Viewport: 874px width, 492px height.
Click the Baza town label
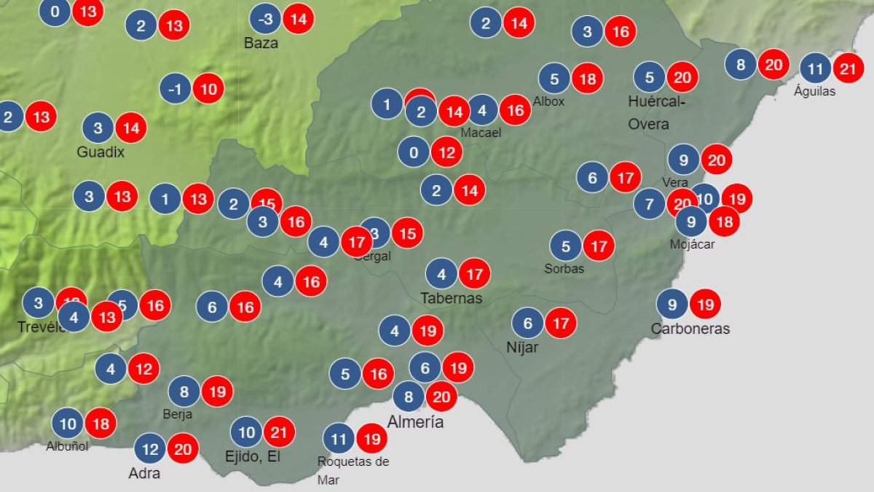[x=261, y=43]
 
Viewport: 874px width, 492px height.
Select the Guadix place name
[x=101, y=152]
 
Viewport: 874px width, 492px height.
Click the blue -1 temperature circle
[x=176, y=89]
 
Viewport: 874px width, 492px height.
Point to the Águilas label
[x=815, y=92]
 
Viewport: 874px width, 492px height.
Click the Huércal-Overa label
[x=656, y=112]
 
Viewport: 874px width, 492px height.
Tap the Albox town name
[x=548, y=101]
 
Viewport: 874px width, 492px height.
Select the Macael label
[x=481, y=133]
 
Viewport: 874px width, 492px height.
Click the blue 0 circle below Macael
[x=414, y=152]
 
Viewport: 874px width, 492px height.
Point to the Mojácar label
[x=692, y=244]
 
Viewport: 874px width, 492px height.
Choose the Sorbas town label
[x=564, y=268]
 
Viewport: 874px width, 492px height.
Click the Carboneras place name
[x=690, y=329]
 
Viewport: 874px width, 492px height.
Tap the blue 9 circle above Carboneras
[x=672, y=304]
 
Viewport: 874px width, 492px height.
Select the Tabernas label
[x=451, y=298]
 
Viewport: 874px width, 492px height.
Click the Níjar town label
[x=522, y=347]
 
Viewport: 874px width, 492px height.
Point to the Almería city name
[x=415, y=422]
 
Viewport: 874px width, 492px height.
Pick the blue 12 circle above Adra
[x=150, y=448]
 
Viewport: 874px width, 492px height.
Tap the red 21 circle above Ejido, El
[x=279, y=433]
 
